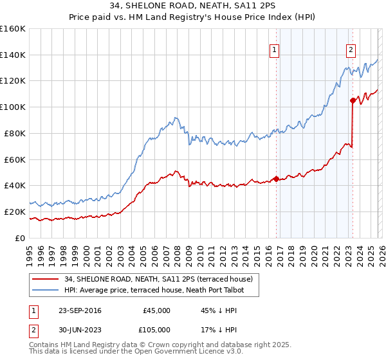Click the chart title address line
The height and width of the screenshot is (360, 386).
(193, 6)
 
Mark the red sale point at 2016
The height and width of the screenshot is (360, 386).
(276, 179)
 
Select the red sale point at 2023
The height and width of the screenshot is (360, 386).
(353, 100)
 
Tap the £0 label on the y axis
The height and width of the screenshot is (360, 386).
(21, 238)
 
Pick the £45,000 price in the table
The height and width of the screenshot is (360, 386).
(156, 310)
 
